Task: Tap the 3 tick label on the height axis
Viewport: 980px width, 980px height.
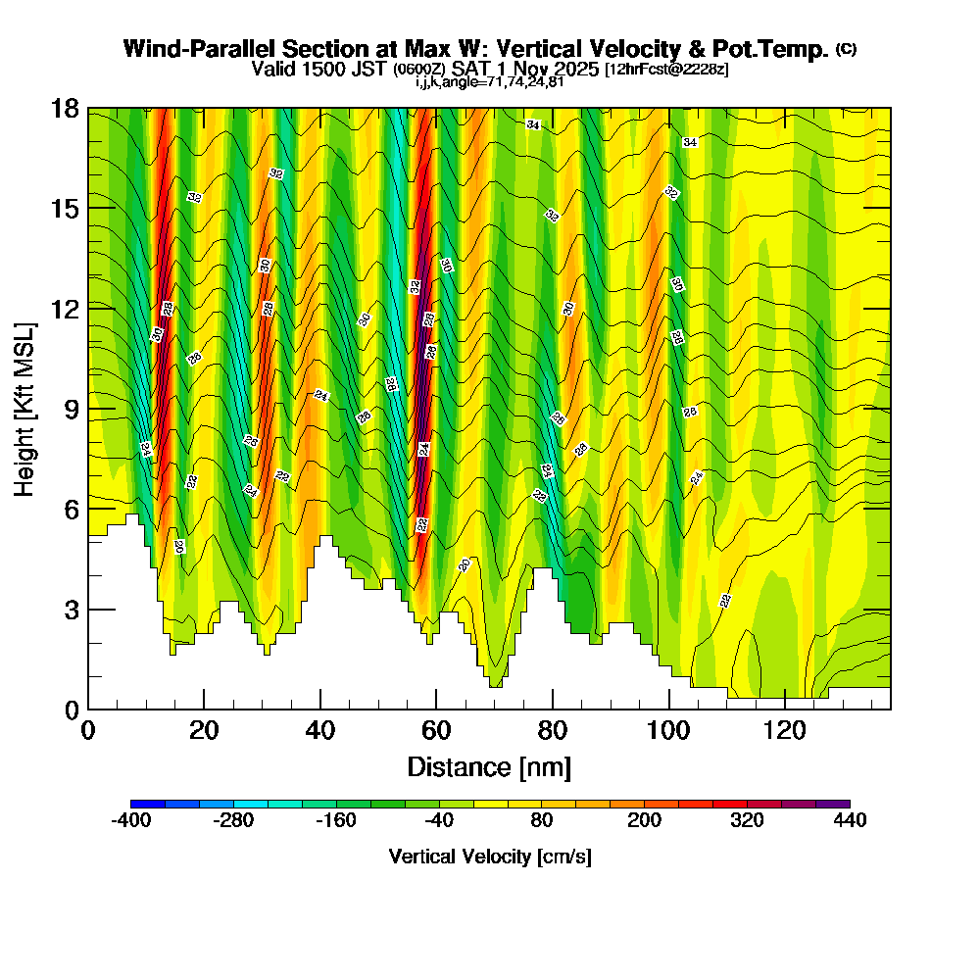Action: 72,610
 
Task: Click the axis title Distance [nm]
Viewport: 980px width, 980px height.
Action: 489,766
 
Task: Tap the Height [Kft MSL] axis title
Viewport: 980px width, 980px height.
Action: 24,409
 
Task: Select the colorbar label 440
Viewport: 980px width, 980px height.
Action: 850,821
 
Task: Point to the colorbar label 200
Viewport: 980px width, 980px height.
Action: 644,821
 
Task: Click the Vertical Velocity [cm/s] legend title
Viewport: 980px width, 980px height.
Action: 490,857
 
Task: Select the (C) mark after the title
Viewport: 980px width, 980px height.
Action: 847,49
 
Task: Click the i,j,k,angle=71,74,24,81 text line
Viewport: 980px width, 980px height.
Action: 489,82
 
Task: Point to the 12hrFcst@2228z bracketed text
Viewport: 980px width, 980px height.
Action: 666,70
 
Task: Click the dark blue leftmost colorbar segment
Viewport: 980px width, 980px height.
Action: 148,804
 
